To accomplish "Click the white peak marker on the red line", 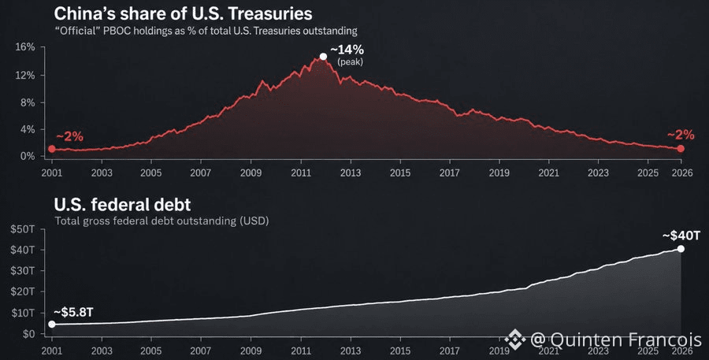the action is point(323,57).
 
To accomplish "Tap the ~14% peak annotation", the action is point(347,50).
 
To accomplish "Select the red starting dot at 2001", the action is point(52,149).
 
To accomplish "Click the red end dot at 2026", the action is point(681,149).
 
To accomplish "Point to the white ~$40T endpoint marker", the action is point(681,249).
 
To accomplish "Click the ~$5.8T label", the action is point(73,312).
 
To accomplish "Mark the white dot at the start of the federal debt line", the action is point(52,325).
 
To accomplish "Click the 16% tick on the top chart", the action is point(25,47).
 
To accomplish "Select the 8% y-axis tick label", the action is point(28,102).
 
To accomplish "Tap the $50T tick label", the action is point(23,229).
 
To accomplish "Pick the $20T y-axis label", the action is point(23,291).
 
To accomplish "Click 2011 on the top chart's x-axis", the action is point(301,173).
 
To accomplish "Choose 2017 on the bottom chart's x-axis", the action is point(450,351).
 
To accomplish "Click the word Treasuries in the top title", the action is point(270,13).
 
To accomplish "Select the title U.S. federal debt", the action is point(122,205).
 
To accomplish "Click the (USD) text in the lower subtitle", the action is point(254,221).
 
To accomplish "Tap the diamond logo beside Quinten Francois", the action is point(515,340).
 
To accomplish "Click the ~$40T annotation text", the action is point(681,236).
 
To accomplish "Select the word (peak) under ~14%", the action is point(350,62).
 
